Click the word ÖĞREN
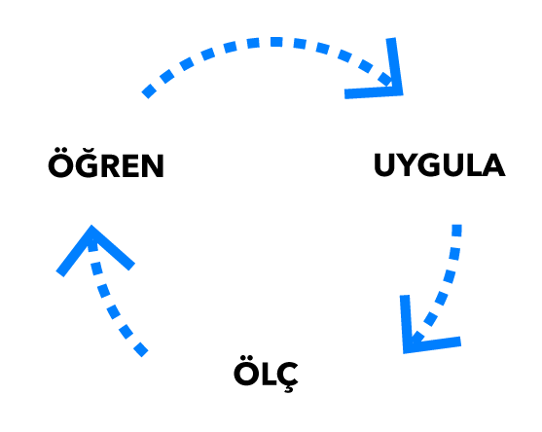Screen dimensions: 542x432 click(x=106, y=162)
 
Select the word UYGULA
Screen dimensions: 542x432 click(x=439, y=164)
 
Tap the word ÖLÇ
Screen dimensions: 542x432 click(x=266, y=374)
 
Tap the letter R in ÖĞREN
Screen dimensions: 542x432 click(x=109, y=165)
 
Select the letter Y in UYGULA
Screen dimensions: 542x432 click(x=409, y=164)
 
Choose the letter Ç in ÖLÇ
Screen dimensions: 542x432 click(x=286, y=378)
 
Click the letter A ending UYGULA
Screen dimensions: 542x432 click(x=493, y=164)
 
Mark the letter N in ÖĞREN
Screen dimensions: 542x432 click(x=153, y=165)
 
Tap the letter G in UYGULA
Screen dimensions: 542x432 click(x=431, y=164)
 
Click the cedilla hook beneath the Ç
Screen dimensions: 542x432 click(x=289, y=389)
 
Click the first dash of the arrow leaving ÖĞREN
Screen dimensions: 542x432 click(x=149, y=91)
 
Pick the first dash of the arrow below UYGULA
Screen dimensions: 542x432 click(x=456, y=231)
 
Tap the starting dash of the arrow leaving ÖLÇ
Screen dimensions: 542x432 click(x=141, y=349)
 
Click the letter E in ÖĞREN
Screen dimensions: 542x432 click(x=130, y=165)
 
